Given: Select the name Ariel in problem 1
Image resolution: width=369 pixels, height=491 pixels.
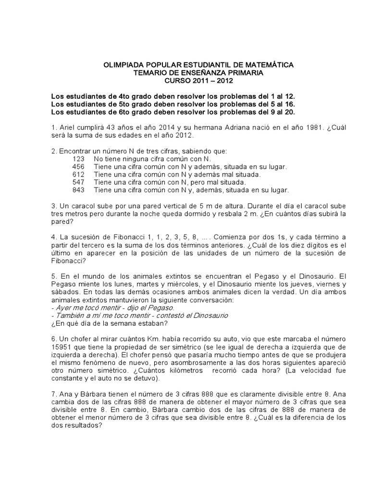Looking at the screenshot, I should [x=68, y=128].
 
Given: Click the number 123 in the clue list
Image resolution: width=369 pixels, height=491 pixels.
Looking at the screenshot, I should [x=78, y=159].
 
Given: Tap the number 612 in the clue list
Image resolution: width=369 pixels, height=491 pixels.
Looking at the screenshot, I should [x=78, y=175].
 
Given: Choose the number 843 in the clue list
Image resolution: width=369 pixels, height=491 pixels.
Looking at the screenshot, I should [x=78, y=190].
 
